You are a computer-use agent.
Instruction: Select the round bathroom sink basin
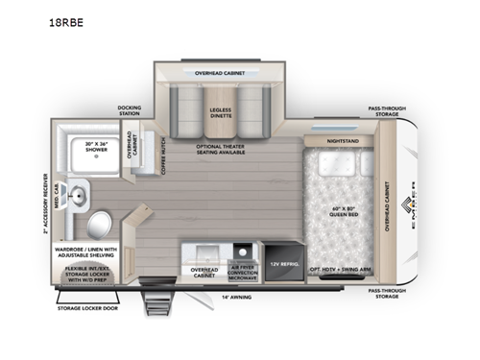(77, 192)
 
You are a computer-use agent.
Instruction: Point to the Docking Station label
(130, 109)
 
